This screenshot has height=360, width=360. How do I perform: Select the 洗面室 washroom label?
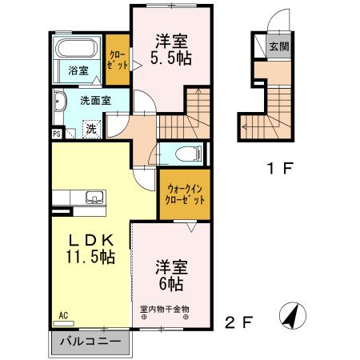point(94,101)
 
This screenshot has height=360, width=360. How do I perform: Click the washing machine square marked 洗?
point(92,126)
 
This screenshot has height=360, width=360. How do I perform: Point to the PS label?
point(56,134)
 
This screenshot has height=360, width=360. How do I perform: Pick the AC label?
point(62,315)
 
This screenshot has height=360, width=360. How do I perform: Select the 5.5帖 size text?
point(170,58)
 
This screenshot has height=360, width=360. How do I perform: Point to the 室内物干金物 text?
point(165,309)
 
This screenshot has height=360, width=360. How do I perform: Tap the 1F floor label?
point(277,169)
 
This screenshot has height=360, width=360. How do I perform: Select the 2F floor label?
point(238,323)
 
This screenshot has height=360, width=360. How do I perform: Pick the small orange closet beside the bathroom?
point(118,60)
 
